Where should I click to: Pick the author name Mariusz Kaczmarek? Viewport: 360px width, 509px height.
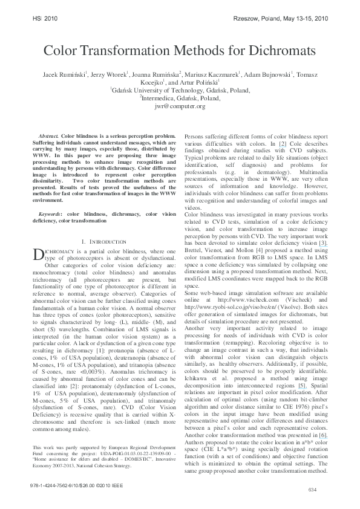pyautogui.click(x=217, y=75)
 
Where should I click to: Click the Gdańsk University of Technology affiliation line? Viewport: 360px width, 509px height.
pyautogui.click(x=180, y=90)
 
